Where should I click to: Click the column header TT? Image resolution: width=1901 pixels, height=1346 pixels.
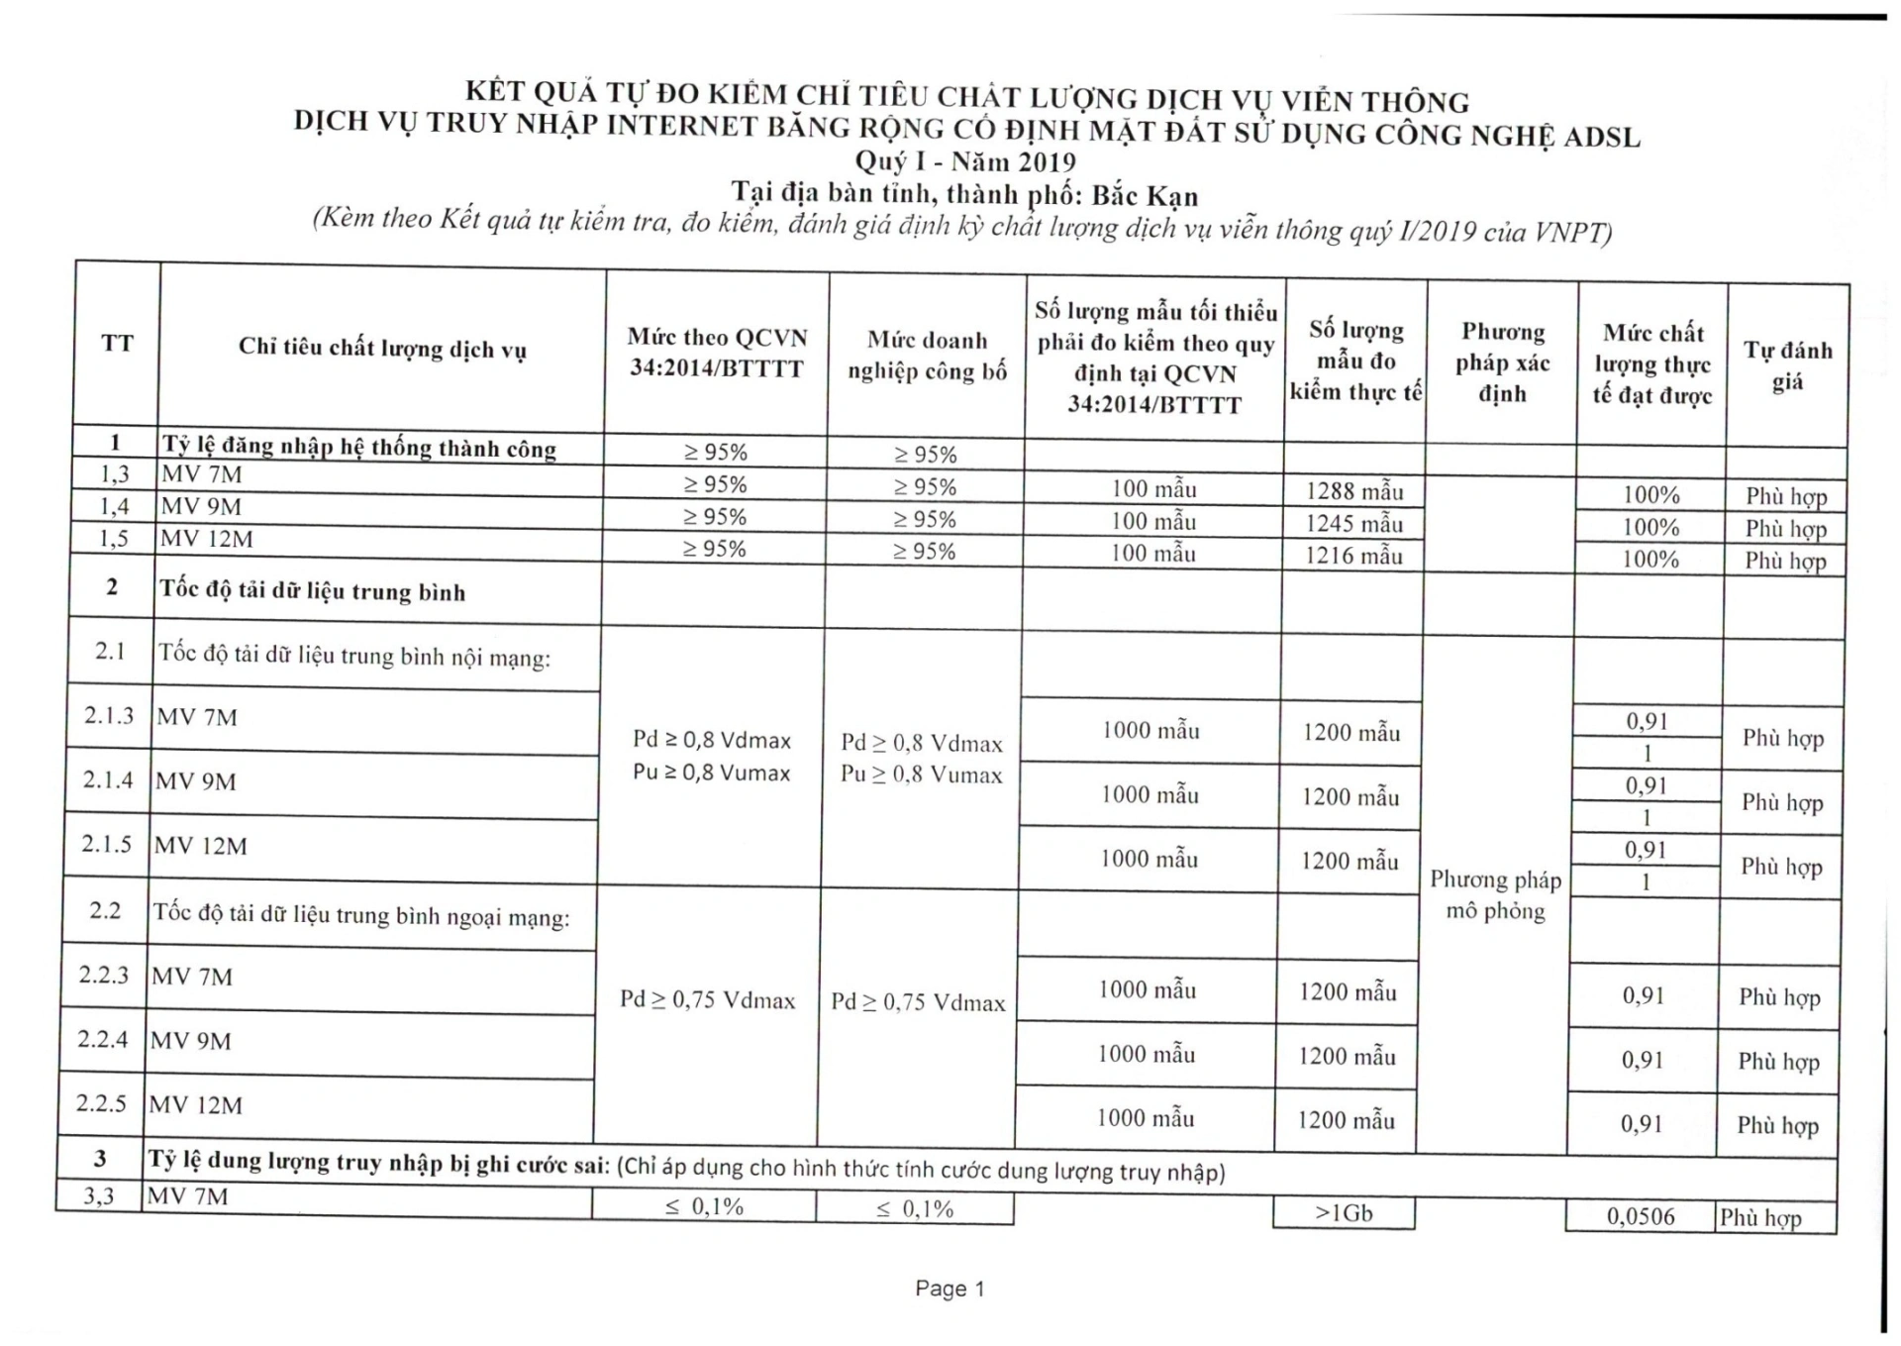tap(117, 344)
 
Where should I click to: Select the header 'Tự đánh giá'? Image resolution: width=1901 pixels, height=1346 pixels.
tap(1787, 365)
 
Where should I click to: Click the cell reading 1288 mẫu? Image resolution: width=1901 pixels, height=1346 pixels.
tap(1354, 491)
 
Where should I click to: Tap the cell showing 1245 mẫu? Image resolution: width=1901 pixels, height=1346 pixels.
tap(1353, 524)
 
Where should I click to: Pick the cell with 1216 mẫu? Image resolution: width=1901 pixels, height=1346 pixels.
tap(1353, 556)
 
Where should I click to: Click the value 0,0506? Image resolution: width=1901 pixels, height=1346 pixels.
tap(1641, 1216)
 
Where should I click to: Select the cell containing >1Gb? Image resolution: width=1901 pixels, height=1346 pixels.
tap(1344, 1212)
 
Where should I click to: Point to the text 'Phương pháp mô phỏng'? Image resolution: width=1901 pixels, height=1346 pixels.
tap(1495, 894)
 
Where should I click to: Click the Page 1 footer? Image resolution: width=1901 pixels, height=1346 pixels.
tap(950, 1288)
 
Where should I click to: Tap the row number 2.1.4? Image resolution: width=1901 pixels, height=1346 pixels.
tap(108, 779)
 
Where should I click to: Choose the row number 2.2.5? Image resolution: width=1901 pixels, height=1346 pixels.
tap(102, 1103)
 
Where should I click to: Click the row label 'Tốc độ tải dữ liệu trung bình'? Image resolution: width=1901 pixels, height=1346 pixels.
tap(312, 591)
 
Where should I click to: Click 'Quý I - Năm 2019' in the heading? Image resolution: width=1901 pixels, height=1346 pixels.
tap(965, 160)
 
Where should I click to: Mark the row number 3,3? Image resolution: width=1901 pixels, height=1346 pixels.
tap(99, 1195)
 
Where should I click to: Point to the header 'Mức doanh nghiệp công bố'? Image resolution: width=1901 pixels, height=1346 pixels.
tap(927, 356)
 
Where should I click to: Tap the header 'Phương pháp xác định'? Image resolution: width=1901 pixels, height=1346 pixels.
tap(1502, 362)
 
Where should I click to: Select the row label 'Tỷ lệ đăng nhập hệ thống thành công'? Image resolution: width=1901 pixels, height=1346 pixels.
tap(358, 447)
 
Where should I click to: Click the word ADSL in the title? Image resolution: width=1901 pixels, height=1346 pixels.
tap(1601, 136)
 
